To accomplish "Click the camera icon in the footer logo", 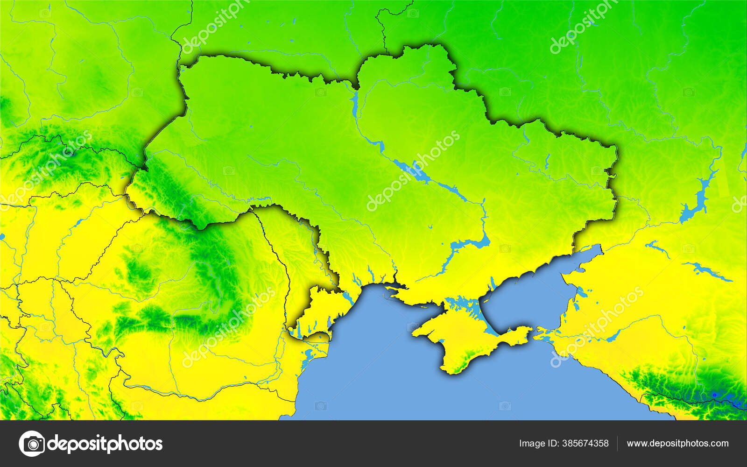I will (32, 443).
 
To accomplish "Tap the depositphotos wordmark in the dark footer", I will (105, 444).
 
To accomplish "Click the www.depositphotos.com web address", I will (677, 444).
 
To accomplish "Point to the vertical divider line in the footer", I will (617, 444).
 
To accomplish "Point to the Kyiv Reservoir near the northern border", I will (355, 103).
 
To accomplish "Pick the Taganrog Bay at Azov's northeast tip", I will (586, 255).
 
